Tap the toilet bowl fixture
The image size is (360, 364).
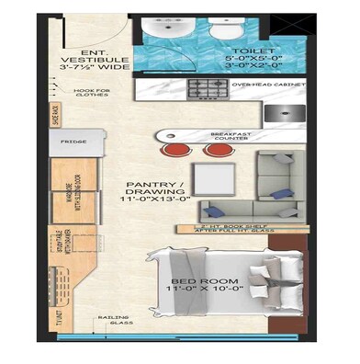(222, 29)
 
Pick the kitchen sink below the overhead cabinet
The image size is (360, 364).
(280, 114)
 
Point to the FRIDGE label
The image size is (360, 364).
(73, 142)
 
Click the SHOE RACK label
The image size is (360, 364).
(56, 115)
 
